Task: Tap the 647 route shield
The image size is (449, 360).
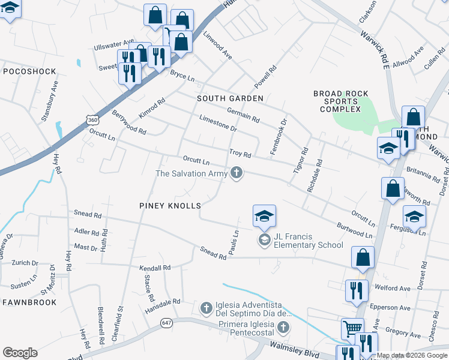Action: point(166,323)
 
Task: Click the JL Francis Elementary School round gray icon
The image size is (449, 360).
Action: point(264,240)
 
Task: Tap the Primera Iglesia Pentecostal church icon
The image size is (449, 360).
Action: point(283,328)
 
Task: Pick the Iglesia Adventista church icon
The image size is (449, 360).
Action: point(206,308)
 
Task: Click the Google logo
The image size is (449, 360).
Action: point(20,353)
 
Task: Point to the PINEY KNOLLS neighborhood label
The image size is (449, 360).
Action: point(170,205)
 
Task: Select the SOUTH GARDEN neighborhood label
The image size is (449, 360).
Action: point(230,98)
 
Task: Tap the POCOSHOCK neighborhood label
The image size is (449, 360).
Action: point(29,71)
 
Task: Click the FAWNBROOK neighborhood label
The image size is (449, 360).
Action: point(29,302)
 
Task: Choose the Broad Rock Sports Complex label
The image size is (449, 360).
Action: point(340,101)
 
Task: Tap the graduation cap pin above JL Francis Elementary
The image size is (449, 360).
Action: point(264,217)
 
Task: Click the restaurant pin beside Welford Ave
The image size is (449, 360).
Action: point(357,292)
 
